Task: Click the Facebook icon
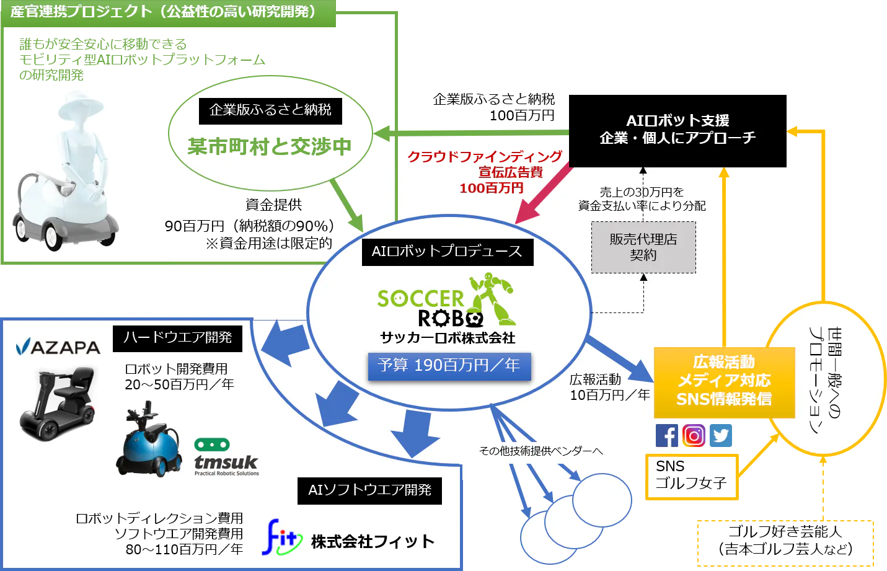click(x=668, y=436)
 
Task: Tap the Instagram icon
click(x=694, y=436)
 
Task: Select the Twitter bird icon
click(x=721, y=436)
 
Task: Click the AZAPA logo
click(x=58, y=347)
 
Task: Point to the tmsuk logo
click(x=226, y=459)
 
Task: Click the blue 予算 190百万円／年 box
click(x=449, y=366)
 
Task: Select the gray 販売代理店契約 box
click(x=643, y=247)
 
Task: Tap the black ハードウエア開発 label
click(x=177, y=338)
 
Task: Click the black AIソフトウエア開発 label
click(x=369, y=490)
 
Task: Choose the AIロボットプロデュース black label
click(x=447, y=252)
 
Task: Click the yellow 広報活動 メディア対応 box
click(x=724, y=381)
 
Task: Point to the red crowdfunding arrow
click(x=543, y=192)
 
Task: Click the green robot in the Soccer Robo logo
click(x=493, y=298)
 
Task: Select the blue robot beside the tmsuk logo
click(x=149, y=441)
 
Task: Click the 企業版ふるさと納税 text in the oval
click(x=270, y=110)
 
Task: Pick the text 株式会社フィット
click(x=373, y=542)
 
